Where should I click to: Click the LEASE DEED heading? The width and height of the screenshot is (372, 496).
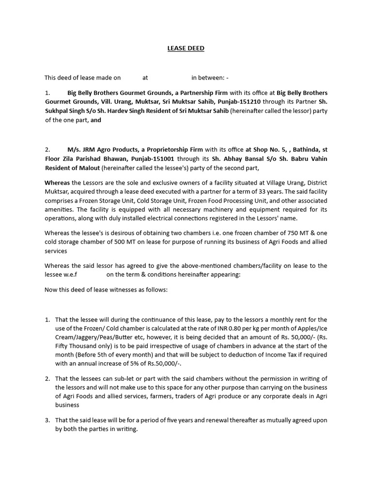(186, 48)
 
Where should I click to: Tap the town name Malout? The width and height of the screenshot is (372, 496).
(88, 168)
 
